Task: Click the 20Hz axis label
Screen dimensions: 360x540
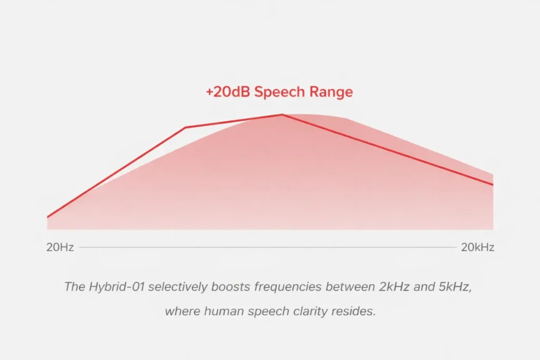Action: click(60, 247)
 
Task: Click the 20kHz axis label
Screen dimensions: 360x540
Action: click(478, 247)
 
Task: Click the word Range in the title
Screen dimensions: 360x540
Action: click(330, 93)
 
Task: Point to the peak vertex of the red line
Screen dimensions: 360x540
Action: click(282, 114)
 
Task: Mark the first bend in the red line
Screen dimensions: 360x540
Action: click(186, 128)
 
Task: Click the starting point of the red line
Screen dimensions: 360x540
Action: click(48, 217)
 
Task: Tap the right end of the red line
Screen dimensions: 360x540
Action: click(493, 184)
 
